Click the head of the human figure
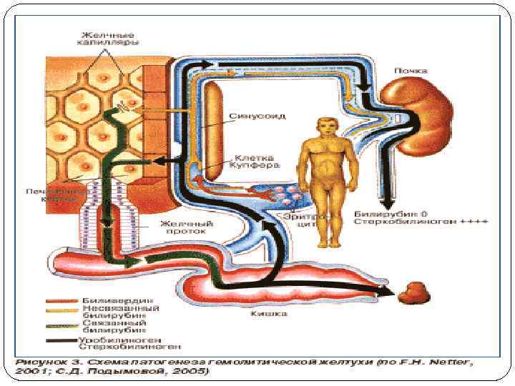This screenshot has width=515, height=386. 328,127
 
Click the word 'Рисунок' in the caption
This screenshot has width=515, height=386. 39,362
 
